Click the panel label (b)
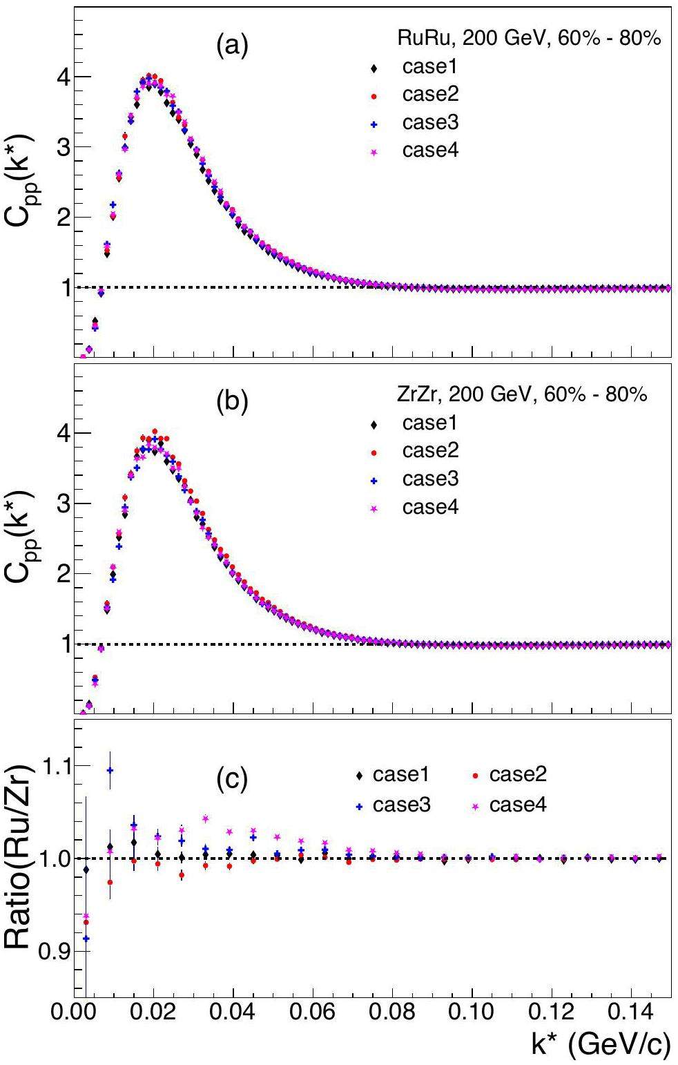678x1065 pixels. pyautogui.click(x=231, y=403)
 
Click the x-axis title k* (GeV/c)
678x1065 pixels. pyautogui.click(x=601, y=1045)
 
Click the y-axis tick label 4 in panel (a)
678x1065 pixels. pyautogui.click(x=60, y=77)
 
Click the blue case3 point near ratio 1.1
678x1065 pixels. pyautogui.click(x=110, y=769)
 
